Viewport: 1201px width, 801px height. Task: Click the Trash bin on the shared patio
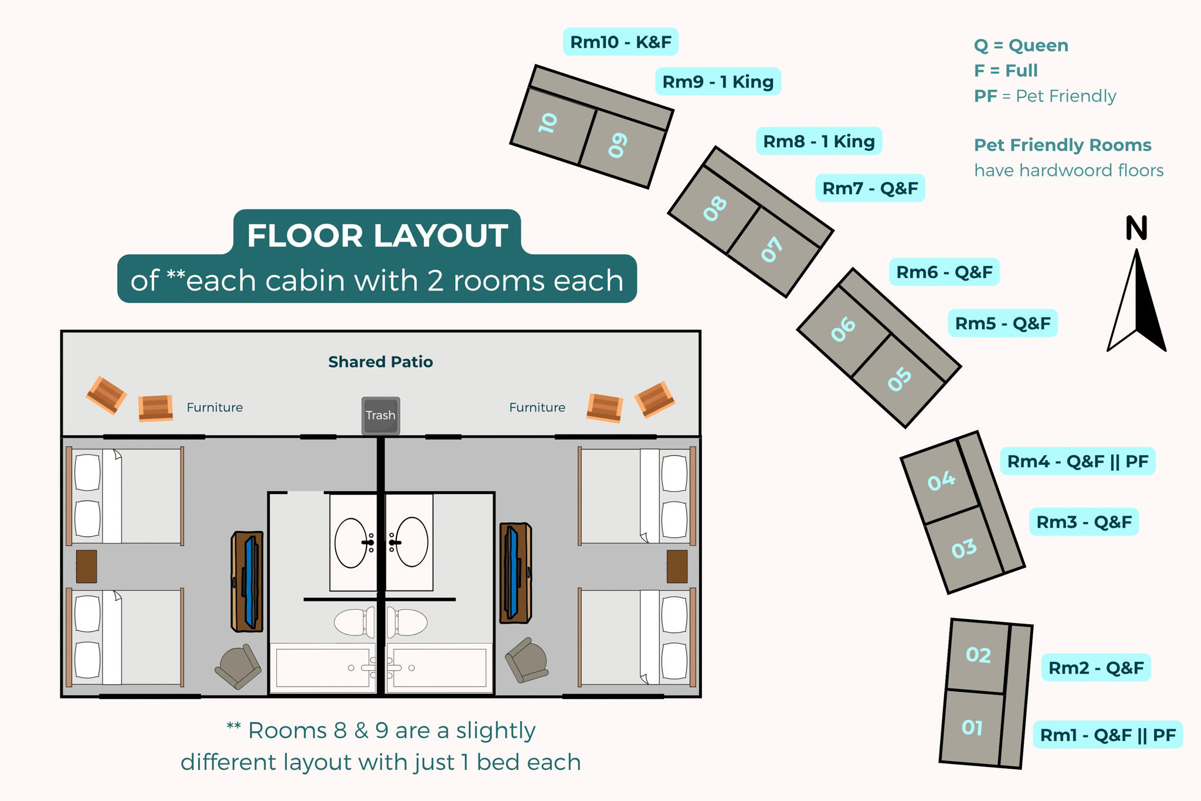click(x=381, y=415)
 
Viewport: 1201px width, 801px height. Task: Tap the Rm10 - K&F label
click(x=620, y=42)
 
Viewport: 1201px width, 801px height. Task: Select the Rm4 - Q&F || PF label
click(x=1077, y=461)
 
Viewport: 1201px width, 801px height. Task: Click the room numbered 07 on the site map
click(x=772, y=249)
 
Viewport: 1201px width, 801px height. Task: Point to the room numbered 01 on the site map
click(x=972, y=728)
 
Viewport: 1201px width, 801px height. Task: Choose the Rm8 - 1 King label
click(x=819, y=141)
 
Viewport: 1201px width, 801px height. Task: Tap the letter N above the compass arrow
click(x=1136, y=228)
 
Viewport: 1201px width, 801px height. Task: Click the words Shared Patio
click(x=381, y=362)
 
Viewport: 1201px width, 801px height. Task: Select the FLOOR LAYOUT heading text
click(x=377, y=235)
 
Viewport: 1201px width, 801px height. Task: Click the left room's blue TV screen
click(x=251, y=582)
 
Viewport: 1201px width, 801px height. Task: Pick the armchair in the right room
click(x=527, y=660)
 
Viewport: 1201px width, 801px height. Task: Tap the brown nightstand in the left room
click(x=87, y=566)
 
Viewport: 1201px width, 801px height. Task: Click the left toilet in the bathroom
click(x=354, y=623)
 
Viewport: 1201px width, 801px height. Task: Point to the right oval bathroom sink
click(x=411, y=542)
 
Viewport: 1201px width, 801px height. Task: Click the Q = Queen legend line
click(x=1021, y=46)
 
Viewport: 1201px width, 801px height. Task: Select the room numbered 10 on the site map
click(x=548, y=123)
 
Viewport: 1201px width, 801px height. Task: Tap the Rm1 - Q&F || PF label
click(x=1108, y=735)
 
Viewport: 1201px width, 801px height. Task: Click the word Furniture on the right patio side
click(x=537, y=407)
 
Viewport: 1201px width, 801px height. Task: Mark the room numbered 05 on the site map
click(x=900, y=379)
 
